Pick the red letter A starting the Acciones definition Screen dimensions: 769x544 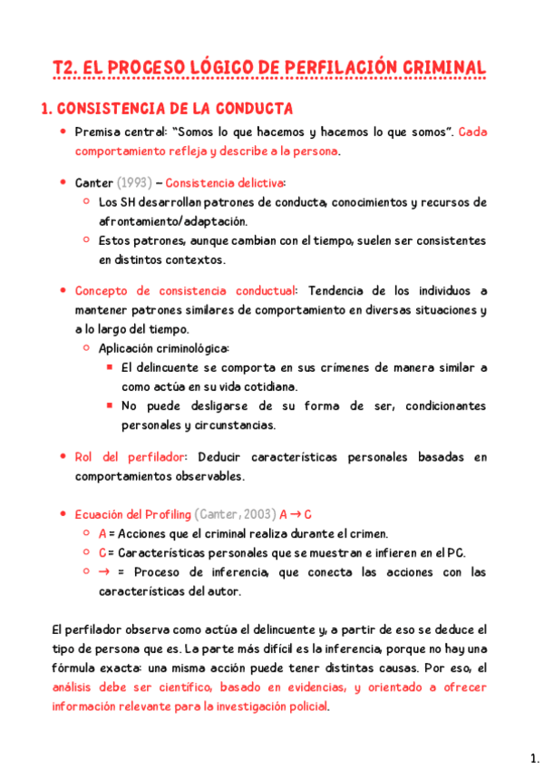102,533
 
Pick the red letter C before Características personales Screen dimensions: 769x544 102,552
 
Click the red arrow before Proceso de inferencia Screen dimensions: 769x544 102,572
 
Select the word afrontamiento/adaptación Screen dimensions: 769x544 173,220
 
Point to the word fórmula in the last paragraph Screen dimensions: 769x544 75,668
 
